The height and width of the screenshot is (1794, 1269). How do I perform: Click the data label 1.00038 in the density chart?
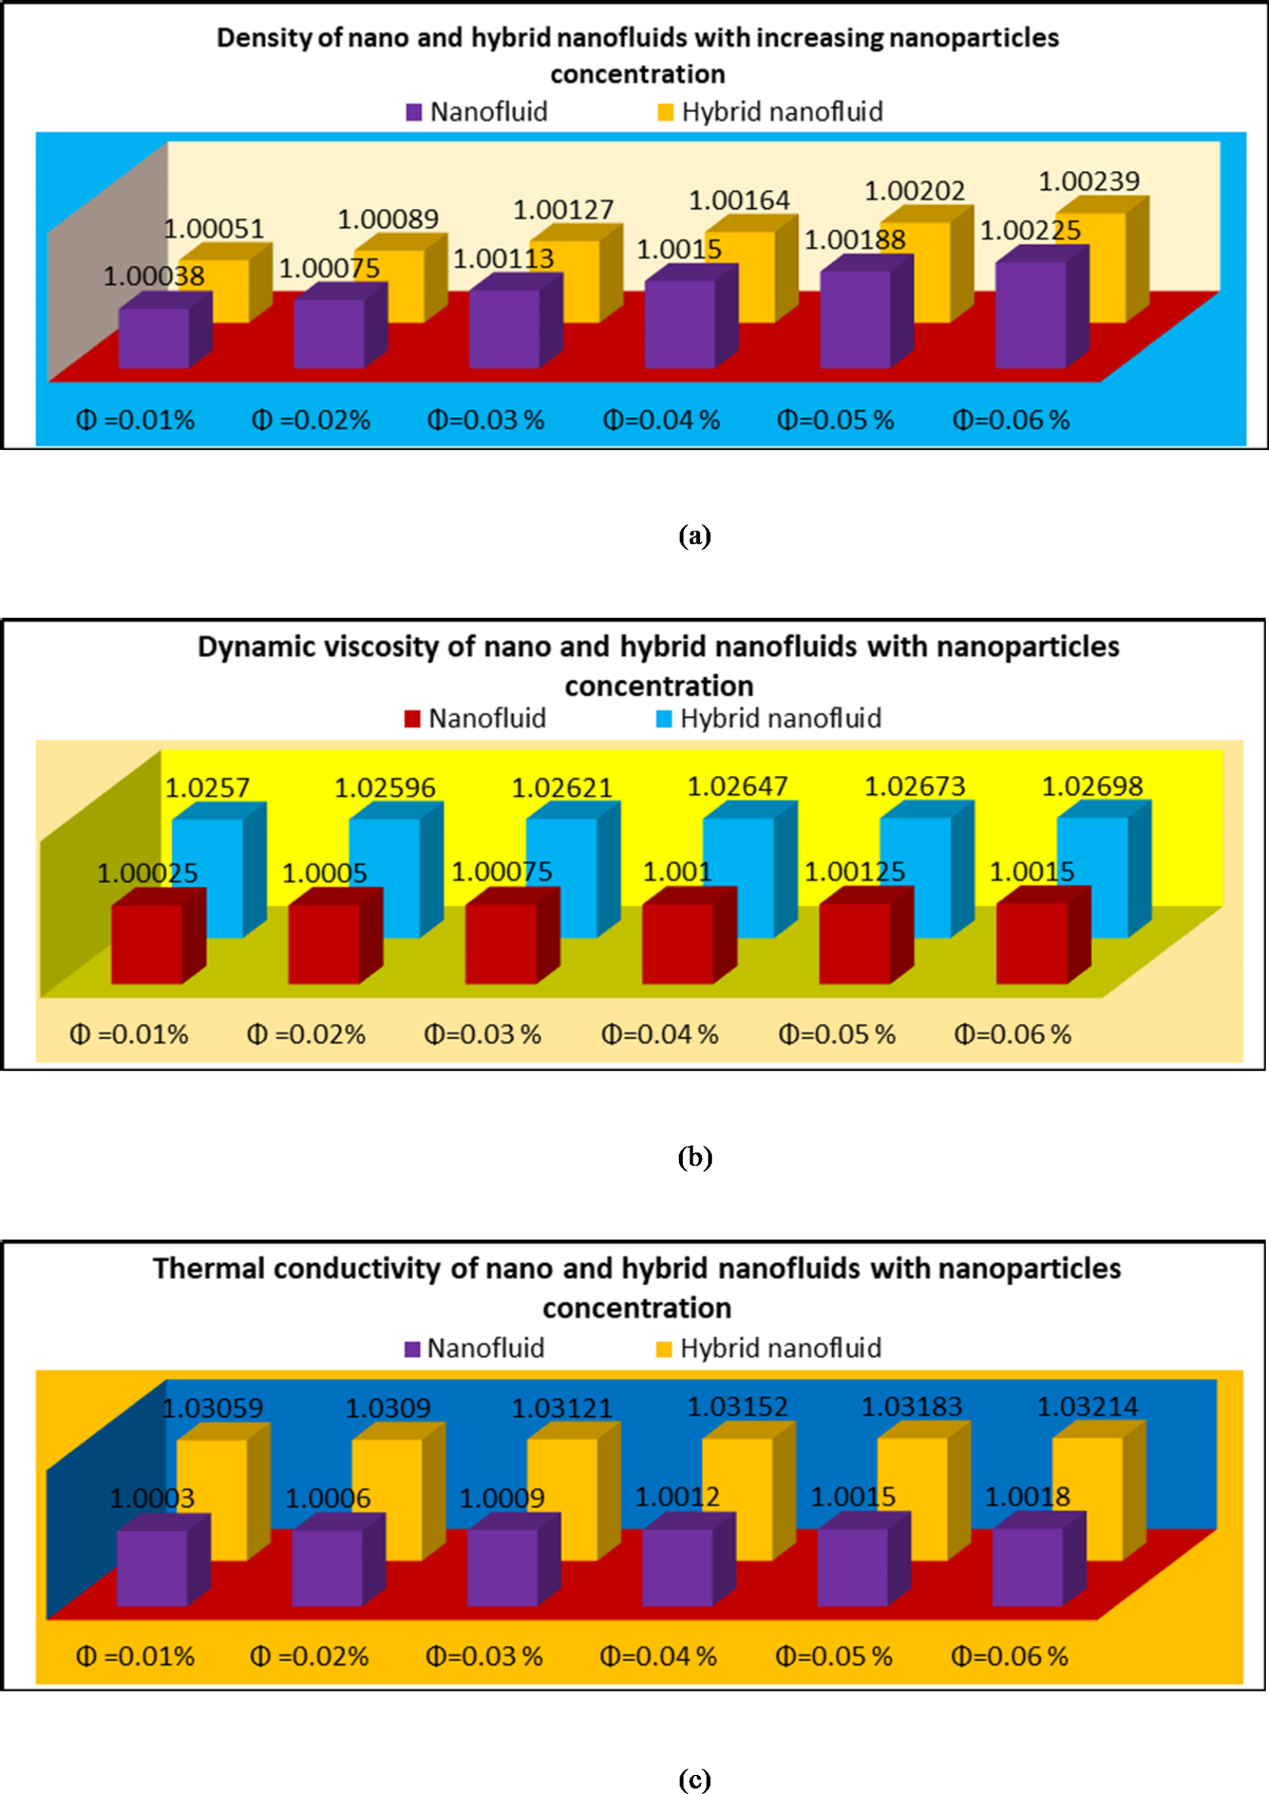click(x=154, y=276)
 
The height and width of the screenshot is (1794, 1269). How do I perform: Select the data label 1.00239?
click(x=1088, y=181)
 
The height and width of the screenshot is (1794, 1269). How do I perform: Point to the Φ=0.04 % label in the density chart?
click(x=661, y=421)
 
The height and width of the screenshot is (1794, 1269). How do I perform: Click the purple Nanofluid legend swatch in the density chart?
click(x=414, y=112)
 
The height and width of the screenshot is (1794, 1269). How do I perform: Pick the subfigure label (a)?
click(x=695, y=536)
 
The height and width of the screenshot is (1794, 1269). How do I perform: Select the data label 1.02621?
click(x=562, y=787)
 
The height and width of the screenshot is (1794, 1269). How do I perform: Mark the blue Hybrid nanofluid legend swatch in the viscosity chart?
click(x=664, y=719)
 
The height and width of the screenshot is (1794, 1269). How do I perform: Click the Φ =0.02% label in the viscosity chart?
click(x=306, y=1035)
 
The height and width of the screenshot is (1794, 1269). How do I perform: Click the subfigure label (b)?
click(x=695, y=1156)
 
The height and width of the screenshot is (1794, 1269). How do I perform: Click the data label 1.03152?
click(x=737, y=1408)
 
